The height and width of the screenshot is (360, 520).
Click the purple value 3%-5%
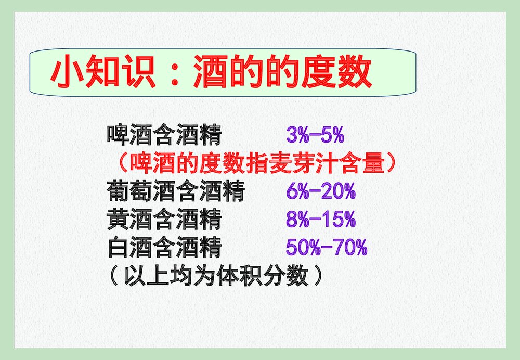(315, 135)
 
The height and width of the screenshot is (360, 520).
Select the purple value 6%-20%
(320, 192)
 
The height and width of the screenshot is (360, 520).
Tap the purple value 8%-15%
(320, 220)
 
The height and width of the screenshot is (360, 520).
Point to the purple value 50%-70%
(327, 248)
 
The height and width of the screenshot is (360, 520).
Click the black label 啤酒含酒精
(164, 135)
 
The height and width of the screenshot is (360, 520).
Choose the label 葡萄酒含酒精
(176, 192)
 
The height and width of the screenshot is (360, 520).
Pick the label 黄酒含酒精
(164, 220)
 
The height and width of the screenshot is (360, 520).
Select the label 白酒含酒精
(164, 248)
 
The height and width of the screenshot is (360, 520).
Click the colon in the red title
(175, 73)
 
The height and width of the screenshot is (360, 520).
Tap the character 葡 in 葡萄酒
(118, 192)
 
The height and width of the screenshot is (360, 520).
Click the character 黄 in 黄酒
(118, 220)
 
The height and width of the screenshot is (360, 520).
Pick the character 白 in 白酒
(118, 248)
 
